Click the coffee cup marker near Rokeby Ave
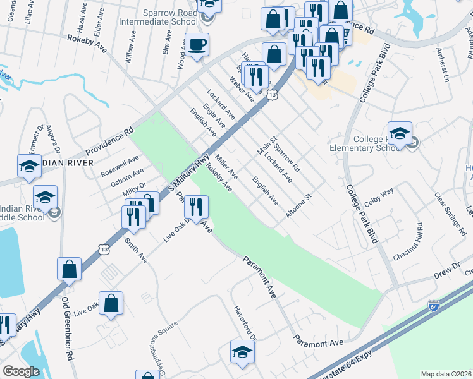[x=197, y=45]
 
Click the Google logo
[x=21, y=371]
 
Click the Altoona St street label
[x=299, y=206]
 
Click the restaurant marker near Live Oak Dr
[x=196, y=206]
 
